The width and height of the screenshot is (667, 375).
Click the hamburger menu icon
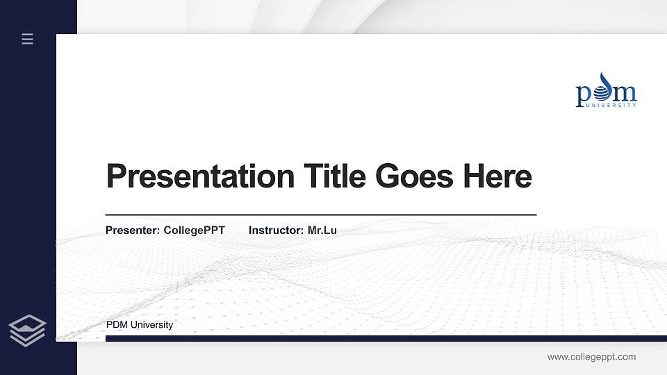(x=27, y=39)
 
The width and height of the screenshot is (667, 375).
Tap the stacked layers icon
(x=27, y=330)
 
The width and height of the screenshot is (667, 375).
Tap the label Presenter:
(x=133, y=230)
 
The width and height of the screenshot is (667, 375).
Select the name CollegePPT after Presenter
(x=195, y=230)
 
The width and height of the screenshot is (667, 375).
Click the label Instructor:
(x=276, y=230)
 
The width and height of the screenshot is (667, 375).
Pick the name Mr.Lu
(x=322, y=230)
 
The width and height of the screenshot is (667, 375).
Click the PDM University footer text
(x=140, y=325)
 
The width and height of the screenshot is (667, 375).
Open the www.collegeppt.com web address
(x=591, y=357)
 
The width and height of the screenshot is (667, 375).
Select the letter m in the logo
(x=625, y=94)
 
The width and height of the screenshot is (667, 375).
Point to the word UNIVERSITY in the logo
(x=611, y=106)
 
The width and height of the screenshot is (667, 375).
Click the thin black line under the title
(x=320, y=215)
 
